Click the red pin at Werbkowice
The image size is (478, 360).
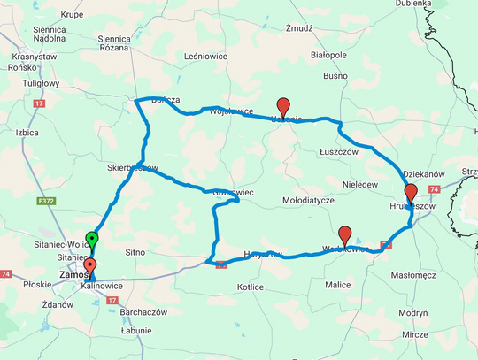pos(345,236)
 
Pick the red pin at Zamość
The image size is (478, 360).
pos(89,268)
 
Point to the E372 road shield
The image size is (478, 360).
pos(47,202)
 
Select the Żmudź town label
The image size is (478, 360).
pos(300,28)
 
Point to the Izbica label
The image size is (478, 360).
pos(30,133)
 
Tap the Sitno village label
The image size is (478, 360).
pos(135,252)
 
